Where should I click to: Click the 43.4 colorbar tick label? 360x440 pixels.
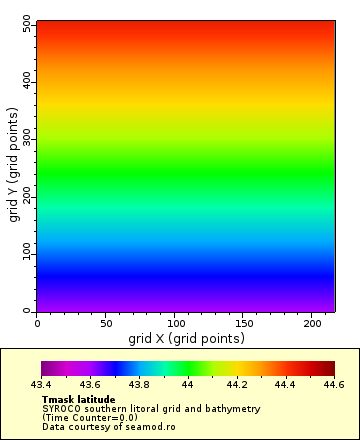point(42,384)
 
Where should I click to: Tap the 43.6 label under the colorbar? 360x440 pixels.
point(90,384)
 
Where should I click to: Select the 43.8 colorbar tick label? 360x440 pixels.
point(139,384)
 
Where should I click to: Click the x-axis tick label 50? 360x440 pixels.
point(106,323)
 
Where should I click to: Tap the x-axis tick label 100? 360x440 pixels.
point(175,323)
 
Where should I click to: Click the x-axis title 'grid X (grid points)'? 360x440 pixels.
point(186,338)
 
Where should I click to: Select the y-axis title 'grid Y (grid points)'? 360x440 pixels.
point(15,167)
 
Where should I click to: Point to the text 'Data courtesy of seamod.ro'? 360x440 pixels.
point(108,426)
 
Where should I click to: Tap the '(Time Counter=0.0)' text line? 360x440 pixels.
point(90,417)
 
